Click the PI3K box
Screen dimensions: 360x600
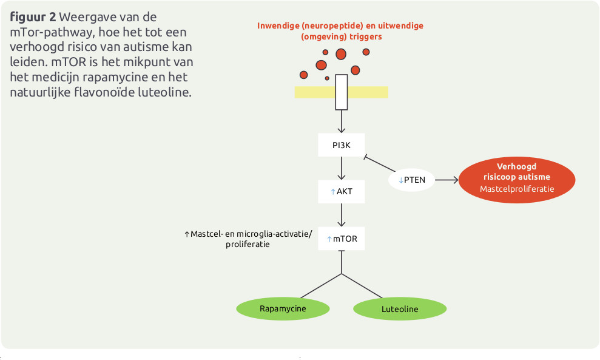(x=342, y=145)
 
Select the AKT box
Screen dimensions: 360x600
(x=342, y=192)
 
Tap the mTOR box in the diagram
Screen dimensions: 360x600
(x=342, y=239)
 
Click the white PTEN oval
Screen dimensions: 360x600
(x=411, y=180)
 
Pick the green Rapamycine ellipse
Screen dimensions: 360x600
(x=283, y=308)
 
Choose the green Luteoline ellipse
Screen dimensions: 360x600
(x=400, y=309)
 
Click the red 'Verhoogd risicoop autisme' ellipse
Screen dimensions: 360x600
(x=517, y=177)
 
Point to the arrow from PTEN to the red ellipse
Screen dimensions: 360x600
(x=447, y=180)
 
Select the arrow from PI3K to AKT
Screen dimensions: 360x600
(x=342, y=168)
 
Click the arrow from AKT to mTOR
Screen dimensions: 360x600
(x=342, y=215)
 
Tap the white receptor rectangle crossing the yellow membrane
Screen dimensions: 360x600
(x=342, y=92)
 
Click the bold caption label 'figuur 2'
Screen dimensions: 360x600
(x=32, y=17)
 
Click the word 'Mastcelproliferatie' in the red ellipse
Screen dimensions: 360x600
(x=517, y=189)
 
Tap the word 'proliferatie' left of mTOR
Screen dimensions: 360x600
(x=248, y=244)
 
